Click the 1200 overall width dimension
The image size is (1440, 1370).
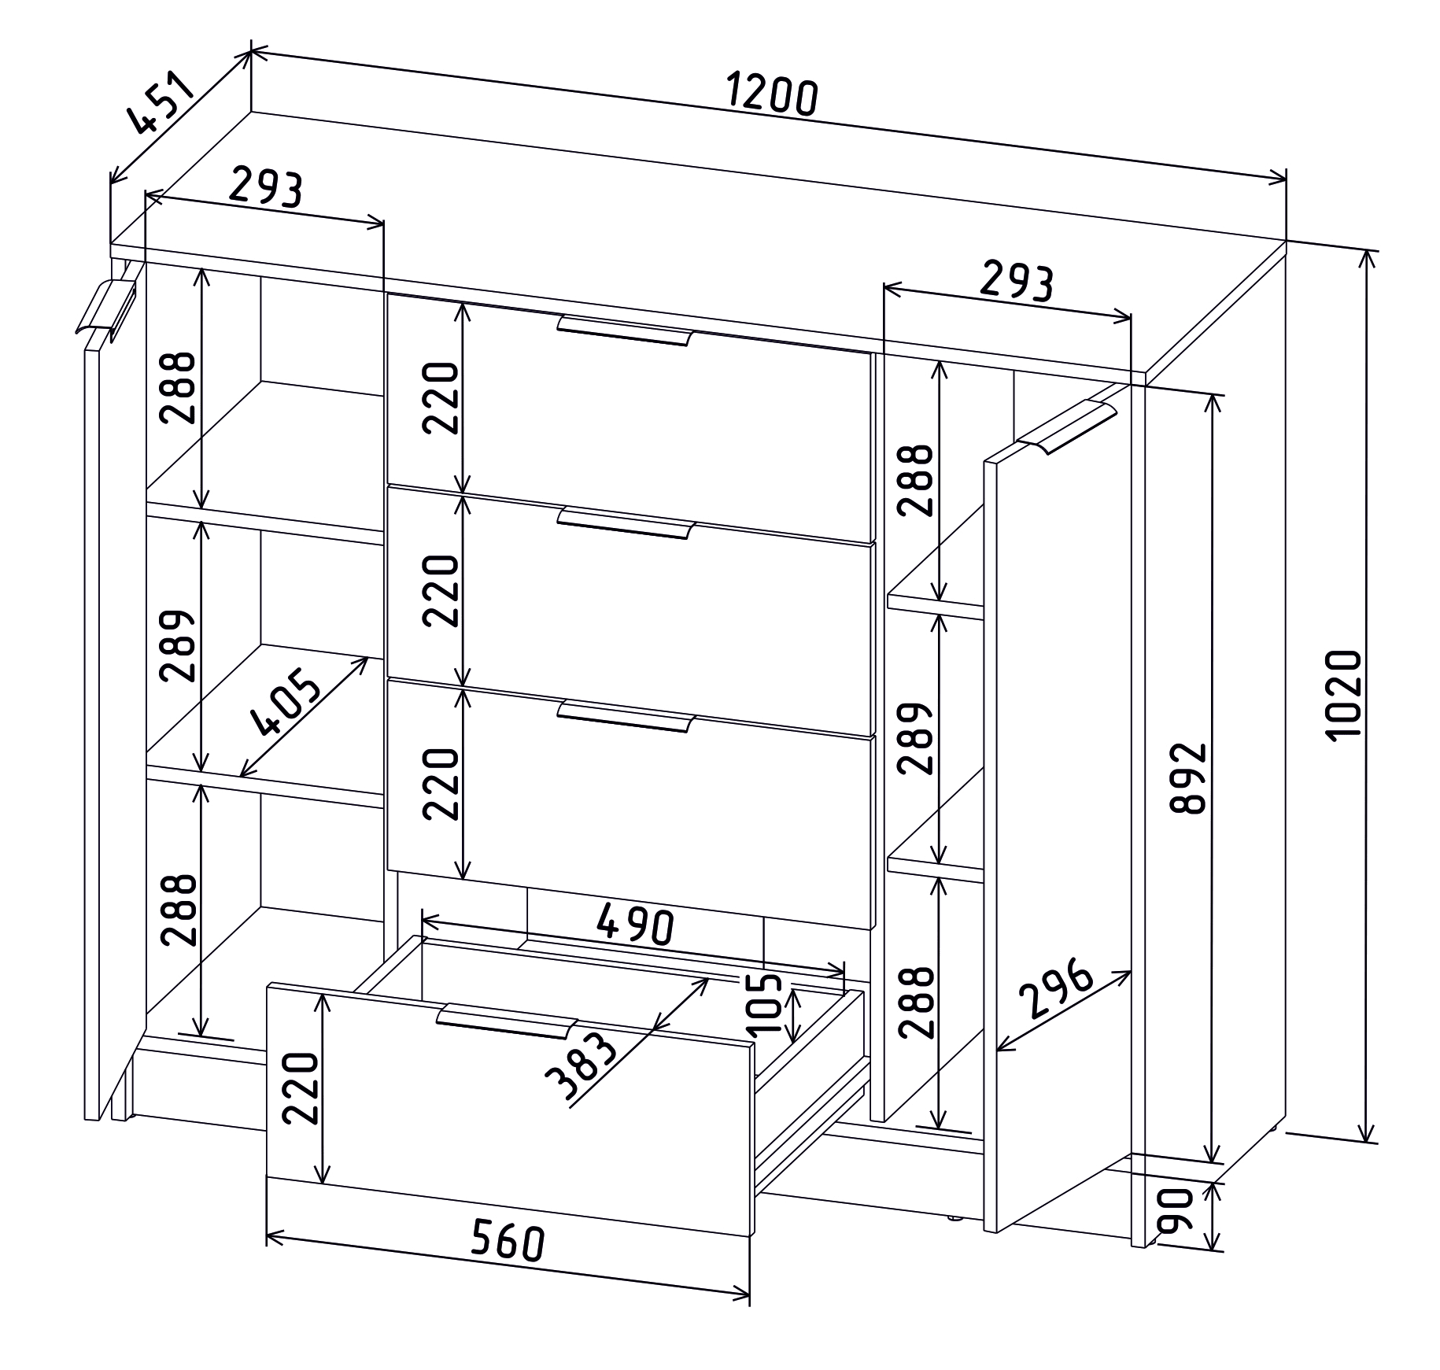pos(771,94)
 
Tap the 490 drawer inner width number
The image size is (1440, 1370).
pos(635,924)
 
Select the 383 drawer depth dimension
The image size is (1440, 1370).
pos(580,1068)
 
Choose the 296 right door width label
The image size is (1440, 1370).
pos(1056,989)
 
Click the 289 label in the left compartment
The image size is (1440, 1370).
pos(177,644)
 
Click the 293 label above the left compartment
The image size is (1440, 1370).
pos(265,188)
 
